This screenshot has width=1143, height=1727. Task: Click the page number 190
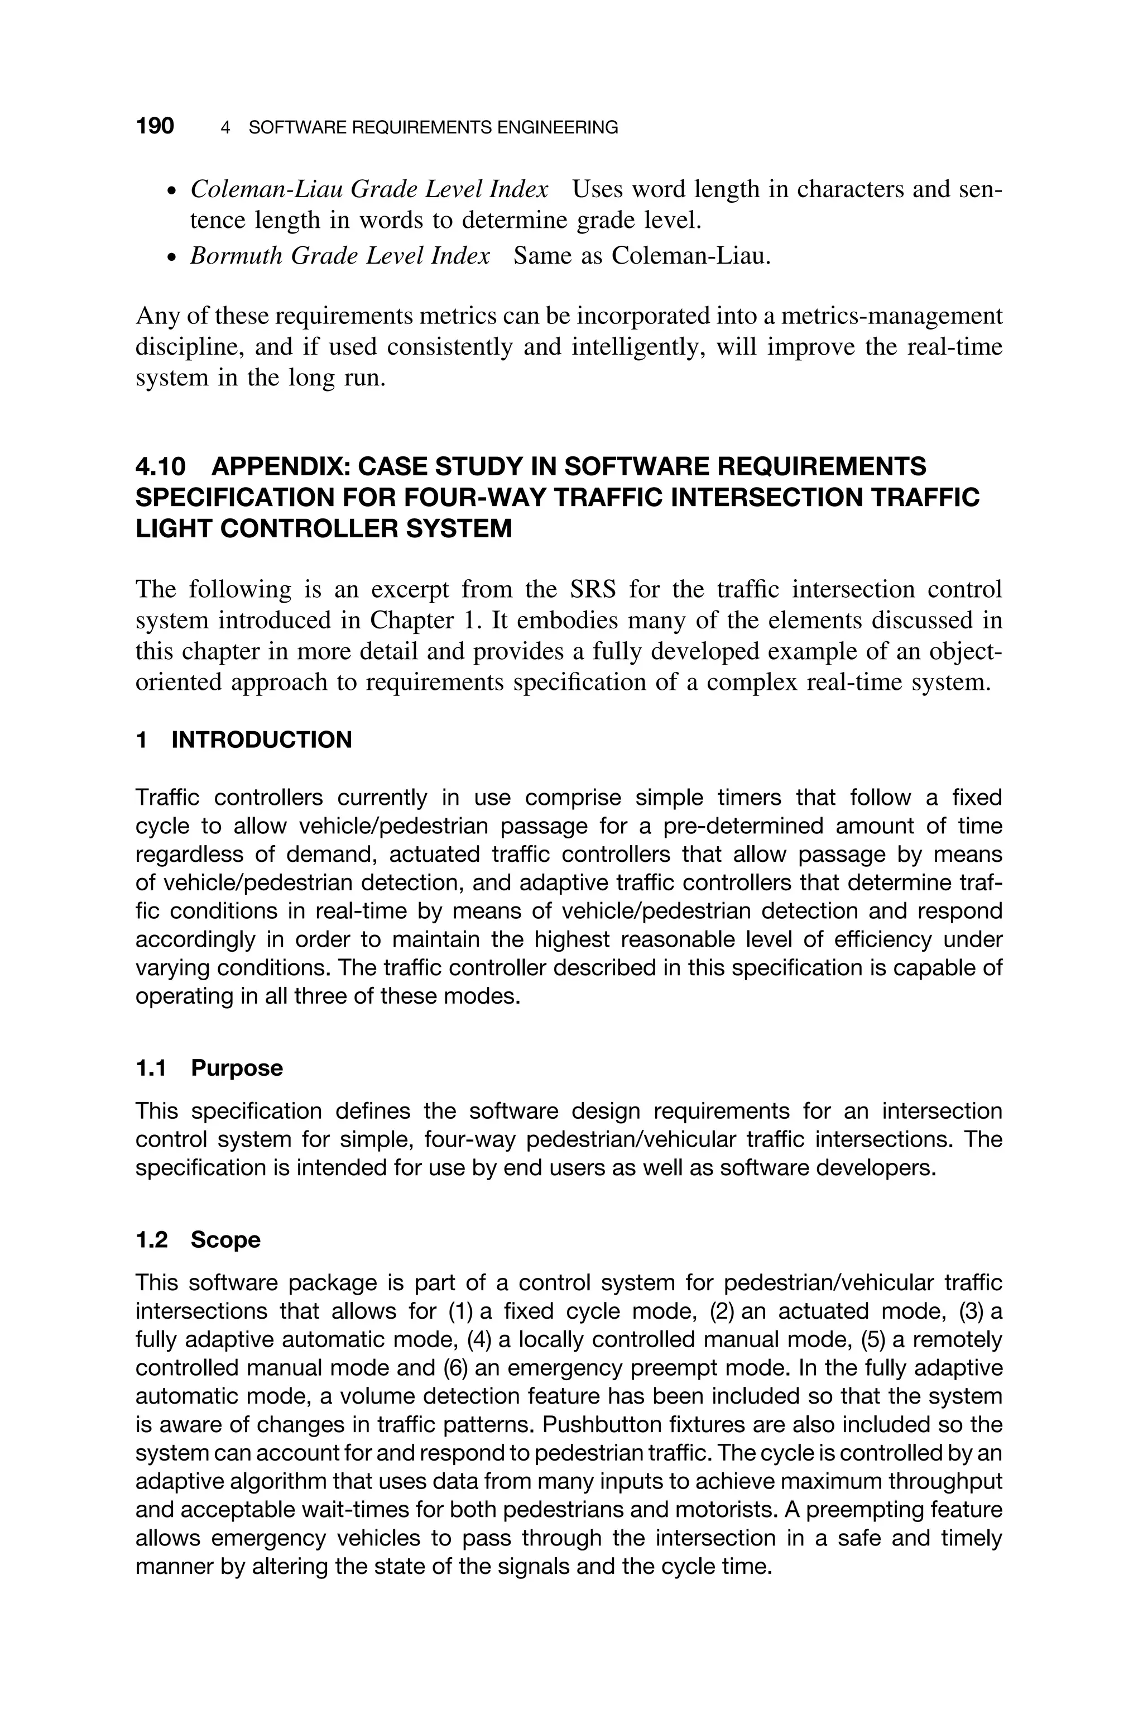pos(155,126)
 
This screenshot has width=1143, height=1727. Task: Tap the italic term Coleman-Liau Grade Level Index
pos(369,189)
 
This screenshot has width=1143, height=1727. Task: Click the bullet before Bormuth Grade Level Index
pos(171,258)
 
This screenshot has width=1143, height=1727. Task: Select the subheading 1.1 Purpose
pos(209,1068)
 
